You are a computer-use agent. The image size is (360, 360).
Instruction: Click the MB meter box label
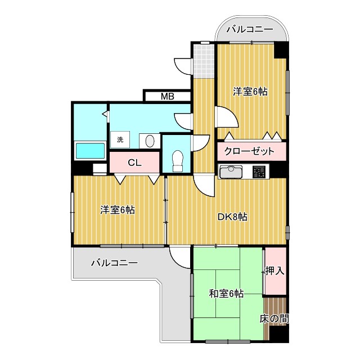coord(167,96)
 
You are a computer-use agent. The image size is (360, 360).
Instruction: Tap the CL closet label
coord(134,163)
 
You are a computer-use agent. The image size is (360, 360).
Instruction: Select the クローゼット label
coord(249,151)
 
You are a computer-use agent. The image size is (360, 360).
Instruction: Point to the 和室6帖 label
coord(226,294)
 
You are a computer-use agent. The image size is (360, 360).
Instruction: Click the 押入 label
coord(275,271)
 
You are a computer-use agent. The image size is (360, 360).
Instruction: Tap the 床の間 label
coord(274,319)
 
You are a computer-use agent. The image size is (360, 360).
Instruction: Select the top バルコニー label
coord(250,30)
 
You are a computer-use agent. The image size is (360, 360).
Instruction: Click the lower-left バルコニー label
coord(114,263)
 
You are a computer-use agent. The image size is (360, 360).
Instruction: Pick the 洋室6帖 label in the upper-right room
coord(250,91)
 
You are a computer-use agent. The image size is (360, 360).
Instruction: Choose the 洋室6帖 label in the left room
coord(117,210)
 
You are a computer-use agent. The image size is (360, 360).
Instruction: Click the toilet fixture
coord(178,160)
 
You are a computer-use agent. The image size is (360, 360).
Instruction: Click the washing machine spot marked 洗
coord(120,139)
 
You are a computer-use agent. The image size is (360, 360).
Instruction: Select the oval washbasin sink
coord(150,141)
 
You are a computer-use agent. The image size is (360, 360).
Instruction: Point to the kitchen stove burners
coord(260,172)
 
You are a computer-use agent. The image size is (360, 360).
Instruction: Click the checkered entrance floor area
coord(204,62)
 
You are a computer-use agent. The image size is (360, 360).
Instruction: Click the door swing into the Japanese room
coord(179,256)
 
